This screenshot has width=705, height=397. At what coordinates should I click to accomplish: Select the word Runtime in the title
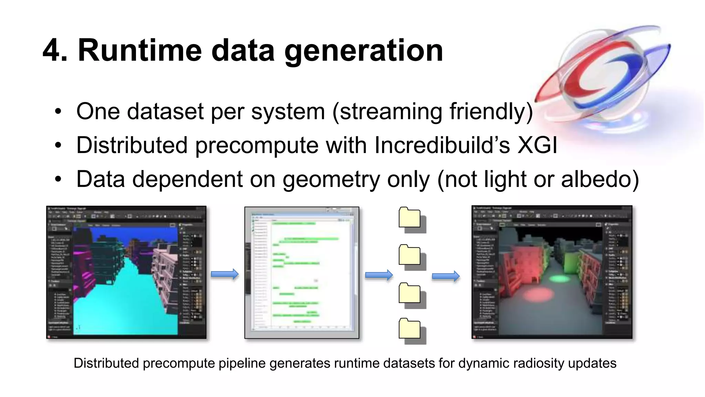pyautogui.click(x=139, y=50)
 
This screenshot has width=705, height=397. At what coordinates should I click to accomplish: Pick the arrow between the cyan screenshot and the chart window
pyautogui.click(x=224, y=274)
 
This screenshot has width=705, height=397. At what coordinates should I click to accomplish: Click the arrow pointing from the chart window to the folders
pyautogui.click(x=379, y=275)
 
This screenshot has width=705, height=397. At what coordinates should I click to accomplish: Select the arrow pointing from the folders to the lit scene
pyautogui.click(x=446, y=276)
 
